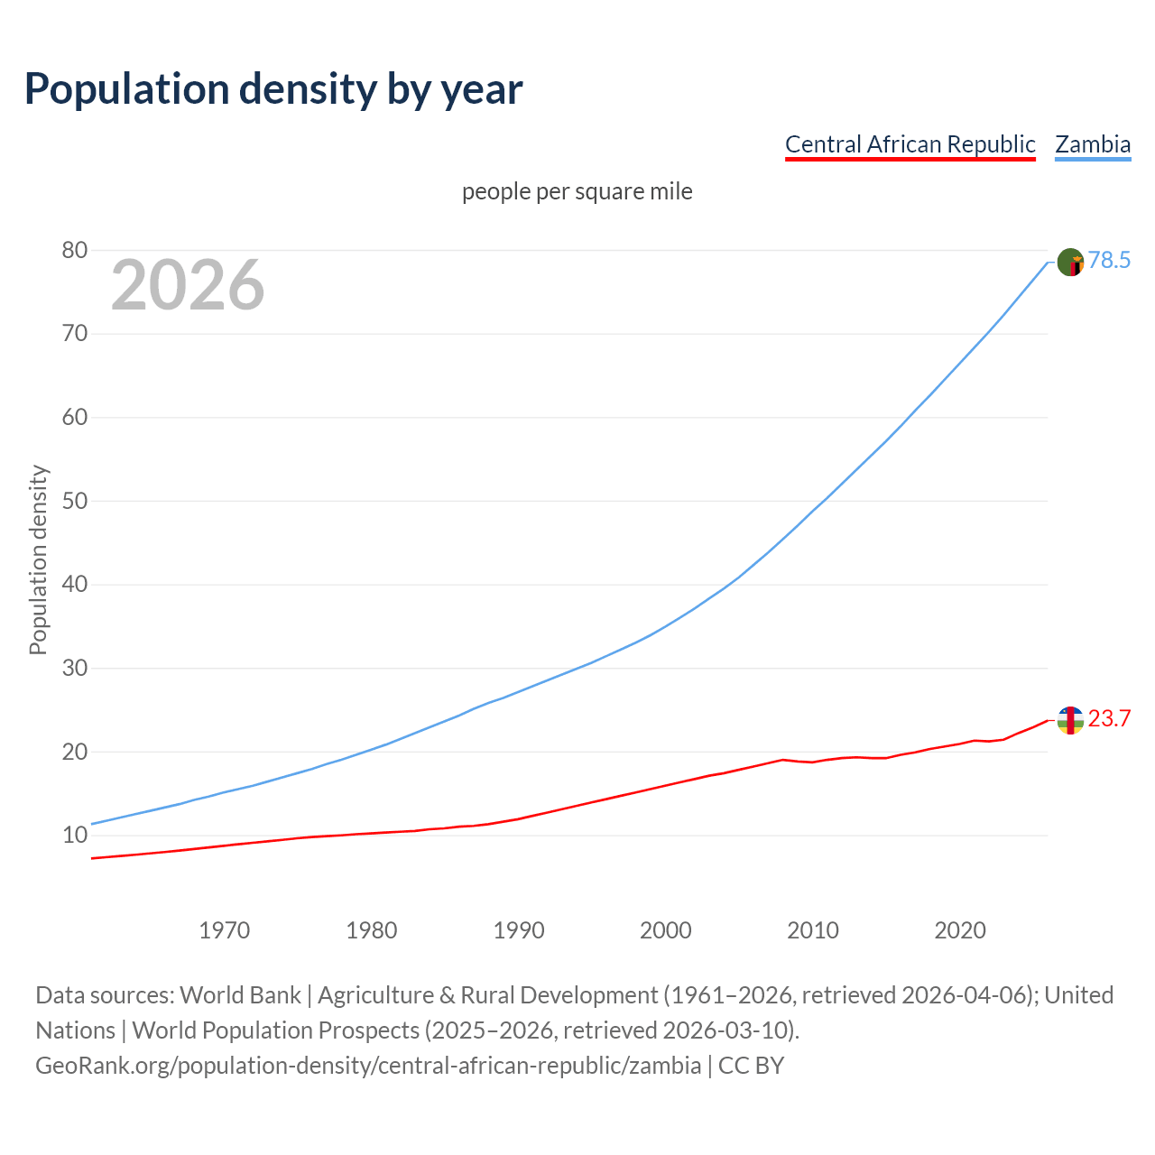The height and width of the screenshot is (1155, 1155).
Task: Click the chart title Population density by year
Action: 273,88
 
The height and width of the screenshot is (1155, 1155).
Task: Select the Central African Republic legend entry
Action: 910,144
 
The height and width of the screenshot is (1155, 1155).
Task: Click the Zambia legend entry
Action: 1093,144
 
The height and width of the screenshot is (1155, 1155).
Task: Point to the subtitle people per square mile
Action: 577,191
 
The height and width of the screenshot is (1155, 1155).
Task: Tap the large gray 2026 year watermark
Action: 188,285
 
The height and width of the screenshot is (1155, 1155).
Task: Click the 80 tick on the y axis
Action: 75,250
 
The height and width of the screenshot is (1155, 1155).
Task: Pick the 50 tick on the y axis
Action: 75,501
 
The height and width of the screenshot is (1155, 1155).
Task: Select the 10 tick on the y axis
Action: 75,836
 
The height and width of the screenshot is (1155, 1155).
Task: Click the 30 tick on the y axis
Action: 75,669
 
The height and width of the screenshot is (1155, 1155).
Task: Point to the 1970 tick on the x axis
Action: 225,930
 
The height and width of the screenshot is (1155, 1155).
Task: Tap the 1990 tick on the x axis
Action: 519,930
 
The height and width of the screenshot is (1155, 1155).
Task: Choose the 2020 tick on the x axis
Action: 960,930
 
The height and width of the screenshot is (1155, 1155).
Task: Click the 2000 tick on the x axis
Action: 666,930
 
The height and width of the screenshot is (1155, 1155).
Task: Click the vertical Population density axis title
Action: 38,559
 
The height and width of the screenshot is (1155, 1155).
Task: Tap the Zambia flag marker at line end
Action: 1070,262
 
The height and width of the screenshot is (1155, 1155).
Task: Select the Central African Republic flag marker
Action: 1070,720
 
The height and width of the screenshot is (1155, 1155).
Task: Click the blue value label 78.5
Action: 1109,261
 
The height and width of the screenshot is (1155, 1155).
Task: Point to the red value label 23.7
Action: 1109,719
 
